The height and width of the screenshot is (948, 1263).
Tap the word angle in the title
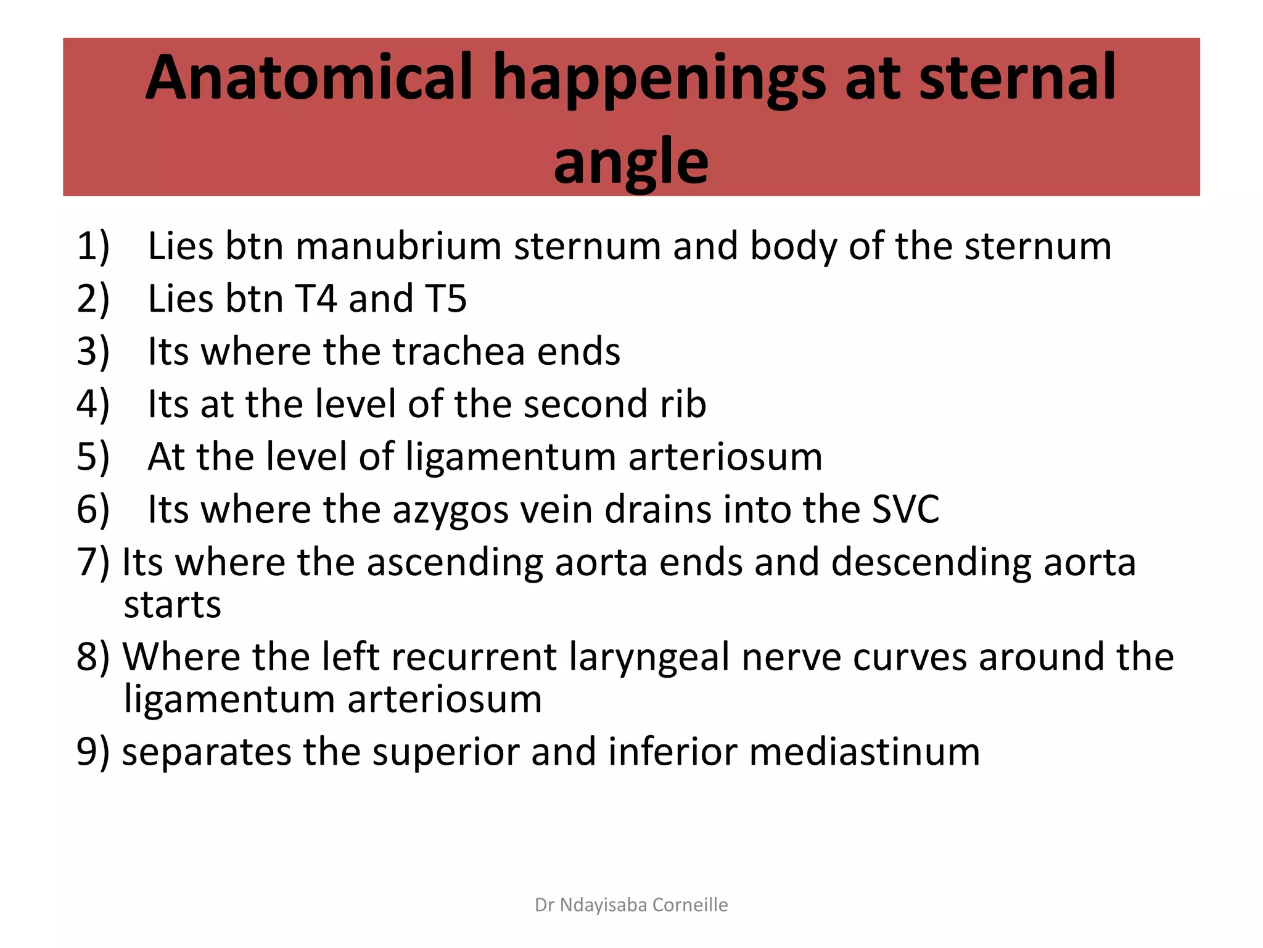(631, 162)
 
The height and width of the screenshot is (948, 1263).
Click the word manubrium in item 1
(398, 246)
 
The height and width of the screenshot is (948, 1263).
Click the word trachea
(458, 351)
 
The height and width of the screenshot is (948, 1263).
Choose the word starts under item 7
(172, 605)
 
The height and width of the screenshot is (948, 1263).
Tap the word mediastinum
(864, 752)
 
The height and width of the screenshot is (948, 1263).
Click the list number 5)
(93, 457)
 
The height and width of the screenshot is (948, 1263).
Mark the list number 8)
(93, 657)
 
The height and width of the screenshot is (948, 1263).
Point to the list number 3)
(93, 351)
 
